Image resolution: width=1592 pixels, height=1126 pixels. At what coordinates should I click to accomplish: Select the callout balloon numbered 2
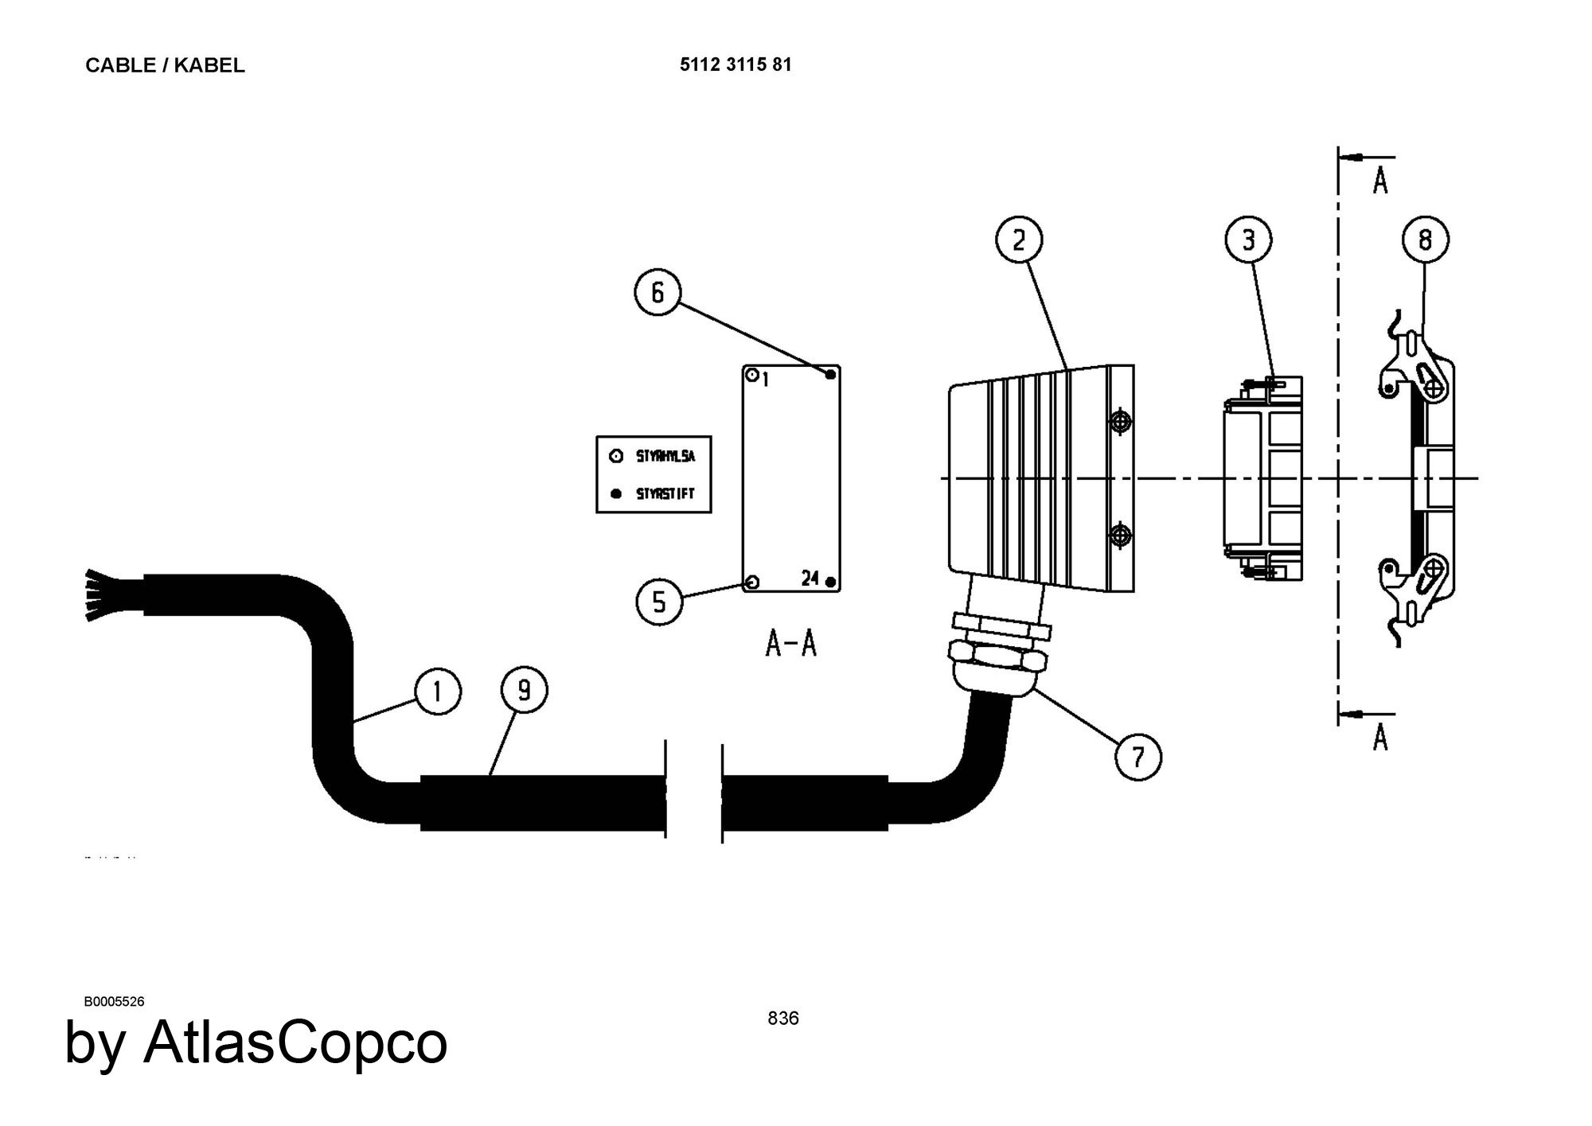point(1019,240)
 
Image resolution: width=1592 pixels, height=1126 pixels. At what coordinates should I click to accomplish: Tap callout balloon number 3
point(1247,240)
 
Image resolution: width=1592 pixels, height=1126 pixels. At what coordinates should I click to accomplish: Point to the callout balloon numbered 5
point(659,602)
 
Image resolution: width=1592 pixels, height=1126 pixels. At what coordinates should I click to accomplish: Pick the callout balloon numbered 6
point(657,293)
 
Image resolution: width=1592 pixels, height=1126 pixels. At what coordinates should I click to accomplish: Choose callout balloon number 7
point(1137,756)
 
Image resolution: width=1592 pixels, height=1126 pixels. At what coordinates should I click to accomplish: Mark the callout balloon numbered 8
point(1425,240)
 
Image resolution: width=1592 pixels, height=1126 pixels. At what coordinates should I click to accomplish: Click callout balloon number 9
point(524,690)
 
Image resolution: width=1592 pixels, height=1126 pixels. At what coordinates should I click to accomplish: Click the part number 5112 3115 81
point(736,64)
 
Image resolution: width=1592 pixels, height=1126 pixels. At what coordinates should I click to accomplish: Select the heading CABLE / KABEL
point(165,65)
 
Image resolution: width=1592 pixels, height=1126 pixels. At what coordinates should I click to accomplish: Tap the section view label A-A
point(790,643)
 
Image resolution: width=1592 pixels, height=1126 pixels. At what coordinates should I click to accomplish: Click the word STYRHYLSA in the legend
point(665,457)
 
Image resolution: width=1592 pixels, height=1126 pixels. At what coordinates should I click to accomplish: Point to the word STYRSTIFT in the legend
point(665,493)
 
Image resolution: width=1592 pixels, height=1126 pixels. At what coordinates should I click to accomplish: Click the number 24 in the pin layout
point(810,579)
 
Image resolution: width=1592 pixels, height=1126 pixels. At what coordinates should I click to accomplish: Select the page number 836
point(783,1018)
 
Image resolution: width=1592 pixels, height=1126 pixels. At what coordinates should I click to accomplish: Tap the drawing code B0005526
point(114,1001)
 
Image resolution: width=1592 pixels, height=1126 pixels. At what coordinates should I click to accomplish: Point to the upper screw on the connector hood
point(1120,421)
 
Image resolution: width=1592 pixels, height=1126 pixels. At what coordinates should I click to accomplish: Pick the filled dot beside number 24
point(830,582)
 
